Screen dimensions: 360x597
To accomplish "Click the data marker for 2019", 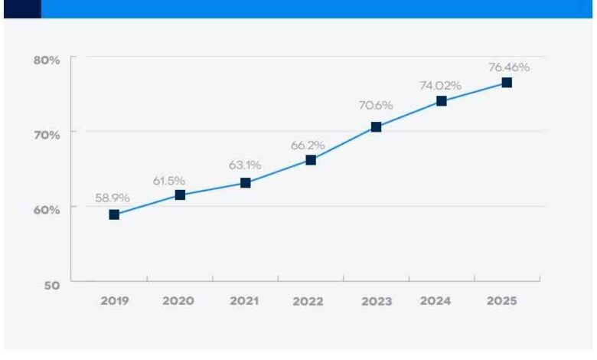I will tap(114, 214).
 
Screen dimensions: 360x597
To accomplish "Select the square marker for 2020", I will tap(180, 195).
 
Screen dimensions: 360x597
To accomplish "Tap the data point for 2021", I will tap(245, 182).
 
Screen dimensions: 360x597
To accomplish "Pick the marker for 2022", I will tap(311, 160).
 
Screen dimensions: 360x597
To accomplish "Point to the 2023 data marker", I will tap(376, 127).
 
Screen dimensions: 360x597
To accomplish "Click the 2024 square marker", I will tap(442, 101).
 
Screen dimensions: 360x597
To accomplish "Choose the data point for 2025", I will tap(507, 83).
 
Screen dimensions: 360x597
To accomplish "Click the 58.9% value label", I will tap(112, 198).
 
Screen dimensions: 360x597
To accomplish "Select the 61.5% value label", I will tap(169, 180).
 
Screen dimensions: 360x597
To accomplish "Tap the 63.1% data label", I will tap(245, 165).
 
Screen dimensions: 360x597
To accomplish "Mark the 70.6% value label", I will tap(375, 105).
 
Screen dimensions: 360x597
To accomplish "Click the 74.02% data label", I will tap(439, 85).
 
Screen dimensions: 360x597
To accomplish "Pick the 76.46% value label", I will tap(509, 67).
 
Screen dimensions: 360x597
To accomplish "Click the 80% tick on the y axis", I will tap(46, 60).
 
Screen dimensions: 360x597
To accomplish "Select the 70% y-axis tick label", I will tap(46, 135).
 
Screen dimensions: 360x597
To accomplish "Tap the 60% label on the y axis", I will tap(46, 210).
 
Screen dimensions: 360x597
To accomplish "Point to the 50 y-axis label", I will tap(51, 284).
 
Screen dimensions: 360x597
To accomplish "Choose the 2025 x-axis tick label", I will tap(502, 301).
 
